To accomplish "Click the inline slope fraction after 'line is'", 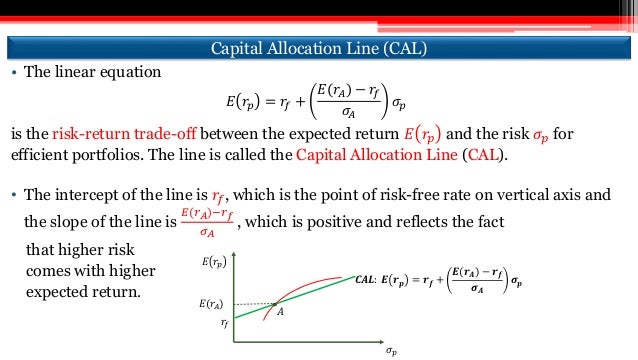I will click(207, 222).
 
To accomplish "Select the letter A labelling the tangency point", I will click(281, 313).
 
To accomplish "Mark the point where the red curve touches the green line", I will click(274, 302).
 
